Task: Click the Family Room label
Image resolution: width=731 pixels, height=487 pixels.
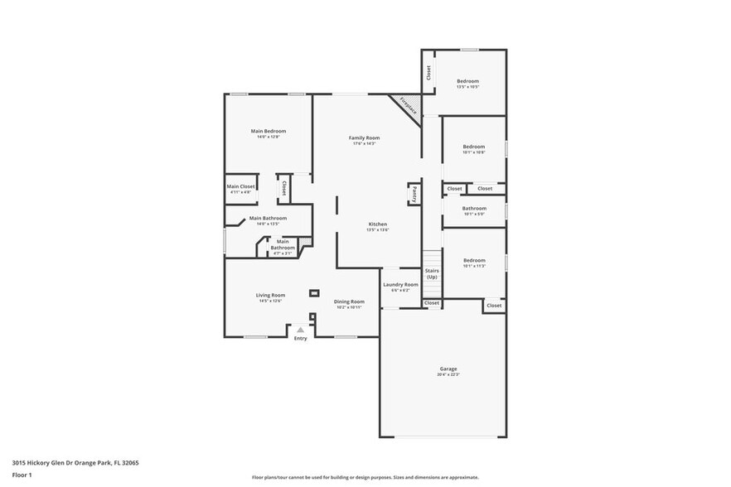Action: [364, 137]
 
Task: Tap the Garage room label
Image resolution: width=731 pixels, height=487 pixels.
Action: [448, 369]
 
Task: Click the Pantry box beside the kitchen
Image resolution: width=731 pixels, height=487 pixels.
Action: [413, 194]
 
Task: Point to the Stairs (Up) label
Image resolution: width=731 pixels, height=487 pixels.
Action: [432, 273]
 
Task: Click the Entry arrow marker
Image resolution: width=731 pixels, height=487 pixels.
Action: [300, 330]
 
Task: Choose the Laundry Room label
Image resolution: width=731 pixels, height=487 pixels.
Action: [400, 284]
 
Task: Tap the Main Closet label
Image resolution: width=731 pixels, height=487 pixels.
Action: [241, 186]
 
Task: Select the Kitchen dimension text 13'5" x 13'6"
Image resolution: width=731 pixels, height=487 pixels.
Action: [378, 230]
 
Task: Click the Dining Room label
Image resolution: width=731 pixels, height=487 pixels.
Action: [349, 301]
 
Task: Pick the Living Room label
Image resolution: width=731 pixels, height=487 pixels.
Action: [270, 295]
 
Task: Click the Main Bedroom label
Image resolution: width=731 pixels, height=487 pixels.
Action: [269, 131]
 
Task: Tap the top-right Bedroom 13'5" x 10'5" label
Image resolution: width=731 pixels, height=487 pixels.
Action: [467, 80]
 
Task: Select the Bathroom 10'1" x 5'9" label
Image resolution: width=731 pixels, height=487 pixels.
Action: [474, 209]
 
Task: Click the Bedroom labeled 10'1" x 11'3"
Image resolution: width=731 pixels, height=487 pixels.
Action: [474, 260]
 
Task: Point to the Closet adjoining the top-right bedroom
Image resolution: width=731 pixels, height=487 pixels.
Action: [428, 73]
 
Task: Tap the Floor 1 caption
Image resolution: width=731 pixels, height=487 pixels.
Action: [22, 475]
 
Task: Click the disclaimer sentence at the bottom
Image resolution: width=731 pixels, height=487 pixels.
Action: [365, 477]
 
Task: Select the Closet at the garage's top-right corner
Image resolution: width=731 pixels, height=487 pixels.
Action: [494, 306]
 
